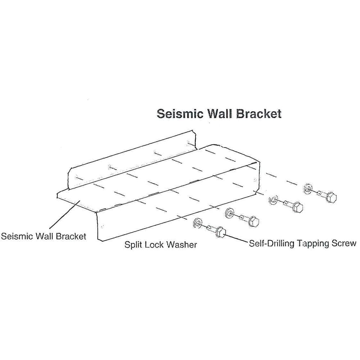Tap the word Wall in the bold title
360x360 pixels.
(x=221, y=114)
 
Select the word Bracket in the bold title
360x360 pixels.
(x=259, y=114)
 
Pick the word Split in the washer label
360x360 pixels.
(x=133, y=245)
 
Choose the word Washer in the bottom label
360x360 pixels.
(x=181, y=245)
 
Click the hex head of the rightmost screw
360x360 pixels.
(x=332, y=197)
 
